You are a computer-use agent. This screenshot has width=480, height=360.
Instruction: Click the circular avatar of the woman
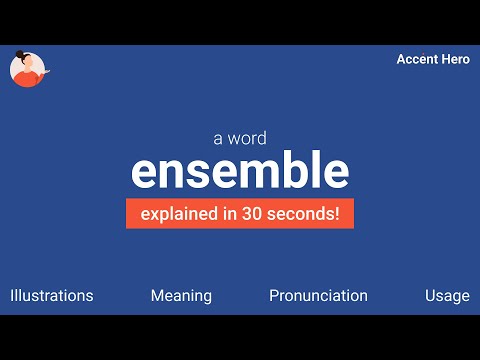coord(29,68)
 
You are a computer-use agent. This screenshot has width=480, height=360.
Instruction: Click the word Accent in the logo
coord(416,59)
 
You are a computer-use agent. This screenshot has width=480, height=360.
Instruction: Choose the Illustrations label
coord(52,295)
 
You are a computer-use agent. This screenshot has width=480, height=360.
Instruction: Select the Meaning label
coord(181,295)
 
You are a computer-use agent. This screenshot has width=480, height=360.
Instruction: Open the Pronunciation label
coord(318,295)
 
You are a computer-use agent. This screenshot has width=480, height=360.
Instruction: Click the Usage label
coord(446,295)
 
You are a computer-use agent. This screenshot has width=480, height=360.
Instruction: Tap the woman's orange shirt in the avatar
coord(28,77)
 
